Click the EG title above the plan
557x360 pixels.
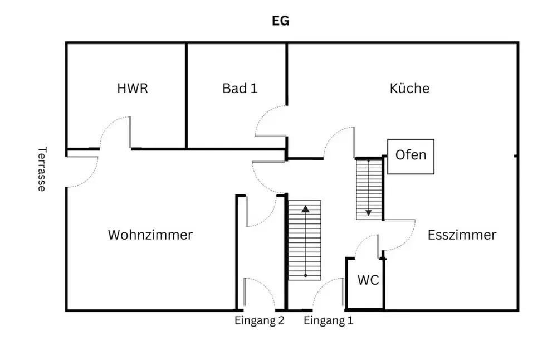click(280, 21)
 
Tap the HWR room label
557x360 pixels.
click(133, 88)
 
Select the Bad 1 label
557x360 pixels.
click(240, 88)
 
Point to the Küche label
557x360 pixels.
click(409, 88)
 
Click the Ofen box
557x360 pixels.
click(411, 156)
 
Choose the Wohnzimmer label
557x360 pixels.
click(150, 235)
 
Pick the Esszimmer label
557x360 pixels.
click(462, 235)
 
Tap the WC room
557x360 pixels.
click(368, 280)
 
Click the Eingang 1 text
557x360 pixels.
click(329, 320)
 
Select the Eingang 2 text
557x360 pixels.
click(260, 320)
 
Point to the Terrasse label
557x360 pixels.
click(41, 169)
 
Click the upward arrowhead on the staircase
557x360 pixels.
click(305, 210)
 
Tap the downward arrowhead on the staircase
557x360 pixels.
click(368, 212)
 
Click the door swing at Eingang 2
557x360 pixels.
click(259, 294)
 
